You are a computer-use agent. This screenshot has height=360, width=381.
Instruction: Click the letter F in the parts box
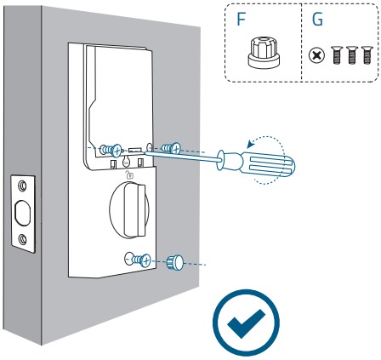(241, 20)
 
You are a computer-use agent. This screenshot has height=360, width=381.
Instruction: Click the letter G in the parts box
(317, 20)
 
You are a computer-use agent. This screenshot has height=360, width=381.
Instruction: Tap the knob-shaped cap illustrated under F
(264, 53)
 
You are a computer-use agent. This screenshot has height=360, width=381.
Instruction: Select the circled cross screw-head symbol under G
(316, 55)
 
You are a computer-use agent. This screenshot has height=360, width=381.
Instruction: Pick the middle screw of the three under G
(351, 54)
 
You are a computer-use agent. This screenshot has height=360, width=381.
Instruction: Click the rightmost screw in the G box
(367, 54)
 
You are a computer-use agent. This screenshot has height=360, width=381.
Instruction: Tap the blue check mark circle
(246, 323)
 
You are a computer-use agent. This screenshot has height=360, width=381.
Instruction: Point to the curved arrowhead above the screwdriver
(251, 144)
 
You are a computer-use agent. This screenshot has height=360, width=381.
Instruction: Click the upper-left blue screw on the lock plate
(111, 150)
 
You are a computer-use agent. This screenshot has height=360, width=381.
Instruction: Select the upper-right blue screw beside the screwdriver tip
(171, 148)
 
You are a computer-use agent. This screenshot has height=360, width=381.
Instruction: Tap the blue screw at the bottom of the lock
(140, 260)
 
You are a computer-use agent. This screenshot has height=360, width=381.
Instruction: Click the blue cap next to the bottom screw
(175, 262)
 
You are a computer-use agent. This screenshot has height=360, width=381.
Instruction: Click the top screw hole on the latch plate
(22, 186)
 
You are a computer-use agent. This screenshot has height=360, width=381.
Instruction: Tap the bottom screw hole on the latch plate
(22, 239)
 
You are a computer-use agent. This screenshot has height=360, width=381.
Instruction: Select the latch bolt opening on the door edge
(22, 213)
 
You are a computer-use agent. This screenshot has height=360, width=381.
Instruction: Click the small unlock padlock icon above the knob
(129, 175)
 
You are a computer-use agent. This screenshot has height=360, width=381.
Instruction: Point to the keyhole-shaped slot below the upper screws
(127, 162)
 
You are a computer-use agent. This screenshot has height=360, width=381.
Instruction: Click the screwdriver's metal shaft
(181, 157)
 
